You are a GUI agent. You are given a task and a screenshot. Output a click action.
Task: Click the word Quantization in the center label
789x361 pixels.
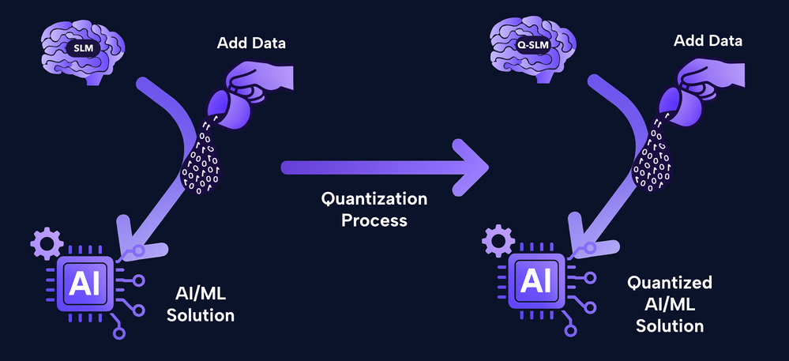point(374,198)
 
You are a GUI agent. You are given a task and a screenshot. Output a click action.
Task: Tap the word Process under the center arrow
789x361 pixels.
point(374,220)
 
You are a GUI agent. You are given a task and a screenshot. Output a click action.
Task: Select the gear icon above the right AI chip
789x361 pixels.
point(498,239)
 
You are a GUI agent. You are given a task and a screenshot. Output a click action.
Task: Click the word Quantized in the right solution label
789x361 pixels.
point(670,284)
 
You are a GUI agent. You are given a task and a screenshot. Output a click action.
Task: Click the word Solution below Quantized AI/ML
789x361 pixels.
point(670,325)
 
